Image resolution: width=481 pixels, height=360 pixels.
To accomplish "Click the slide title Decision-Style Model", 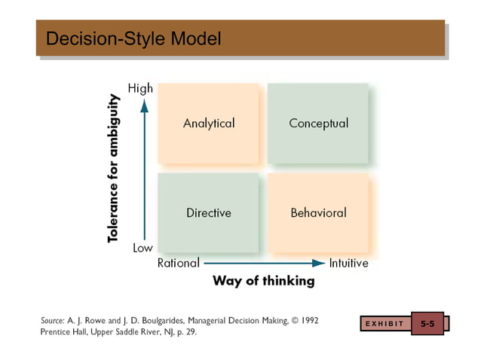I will click(x=133, y=38).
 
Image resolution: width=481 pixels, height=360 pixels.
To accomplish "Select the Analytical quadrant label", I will click(x=209, y=123).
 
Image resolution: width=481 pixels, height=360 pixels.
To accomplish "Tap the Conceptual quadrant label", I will click(x=318, y=123).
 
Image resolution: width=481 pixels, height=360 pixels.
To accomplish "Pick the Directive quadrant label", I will click(x=209, y=212).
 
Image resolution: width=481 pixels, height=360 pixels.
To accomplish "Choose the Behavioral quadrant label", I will click(x=318, y=212).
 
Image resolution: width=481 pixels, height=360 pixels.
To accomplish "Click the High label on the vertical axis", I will click(x=140, y=88).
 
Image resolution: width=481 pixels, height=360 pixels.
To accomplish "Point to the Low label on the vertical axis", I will click(x=142, y=248).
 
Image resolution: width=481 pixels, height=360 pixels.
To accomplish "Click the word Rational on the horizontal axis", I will click(x=178, y=263).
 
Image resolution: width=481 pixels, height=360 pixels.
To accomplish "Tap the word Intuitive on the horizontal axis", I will click(x=348, y=263).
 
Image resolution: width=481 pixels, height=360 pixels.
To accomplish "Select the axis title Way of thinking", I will click(x=263, y=281).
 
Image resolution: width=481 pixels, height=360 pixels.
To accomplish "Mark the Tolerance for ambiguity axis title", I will click(x=114, y=168).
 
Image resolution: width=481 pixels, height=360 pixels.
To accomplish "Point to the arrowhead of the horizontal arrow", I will click(x=319, y=263).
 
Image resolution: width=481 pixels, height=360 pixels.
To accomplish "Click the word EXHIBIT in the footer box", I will click(x=384, y=324).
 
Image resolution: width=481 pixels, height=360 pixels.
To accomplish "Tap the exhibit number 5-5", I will click(x=427, y=324).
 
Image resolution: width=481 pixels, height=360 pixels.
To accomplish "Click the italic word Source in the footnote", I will click(x=52, y=320).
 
